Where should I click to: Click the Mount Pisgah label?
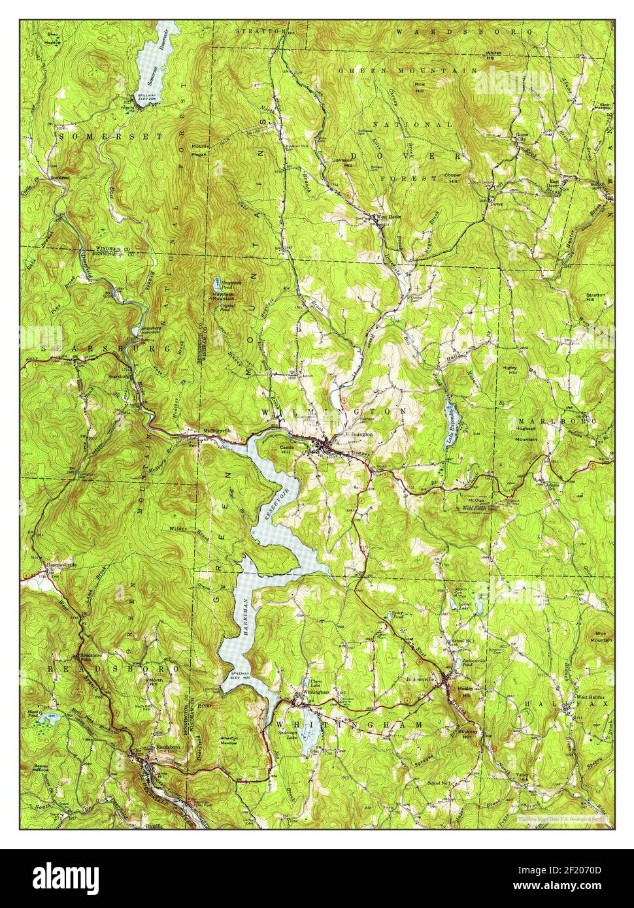pos(199,150)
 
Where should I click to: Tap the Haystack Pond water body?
pos(216,284)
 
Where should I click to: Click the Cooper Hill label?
pos(452,178)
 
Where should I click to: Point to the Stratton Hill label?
pos(595,299)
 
